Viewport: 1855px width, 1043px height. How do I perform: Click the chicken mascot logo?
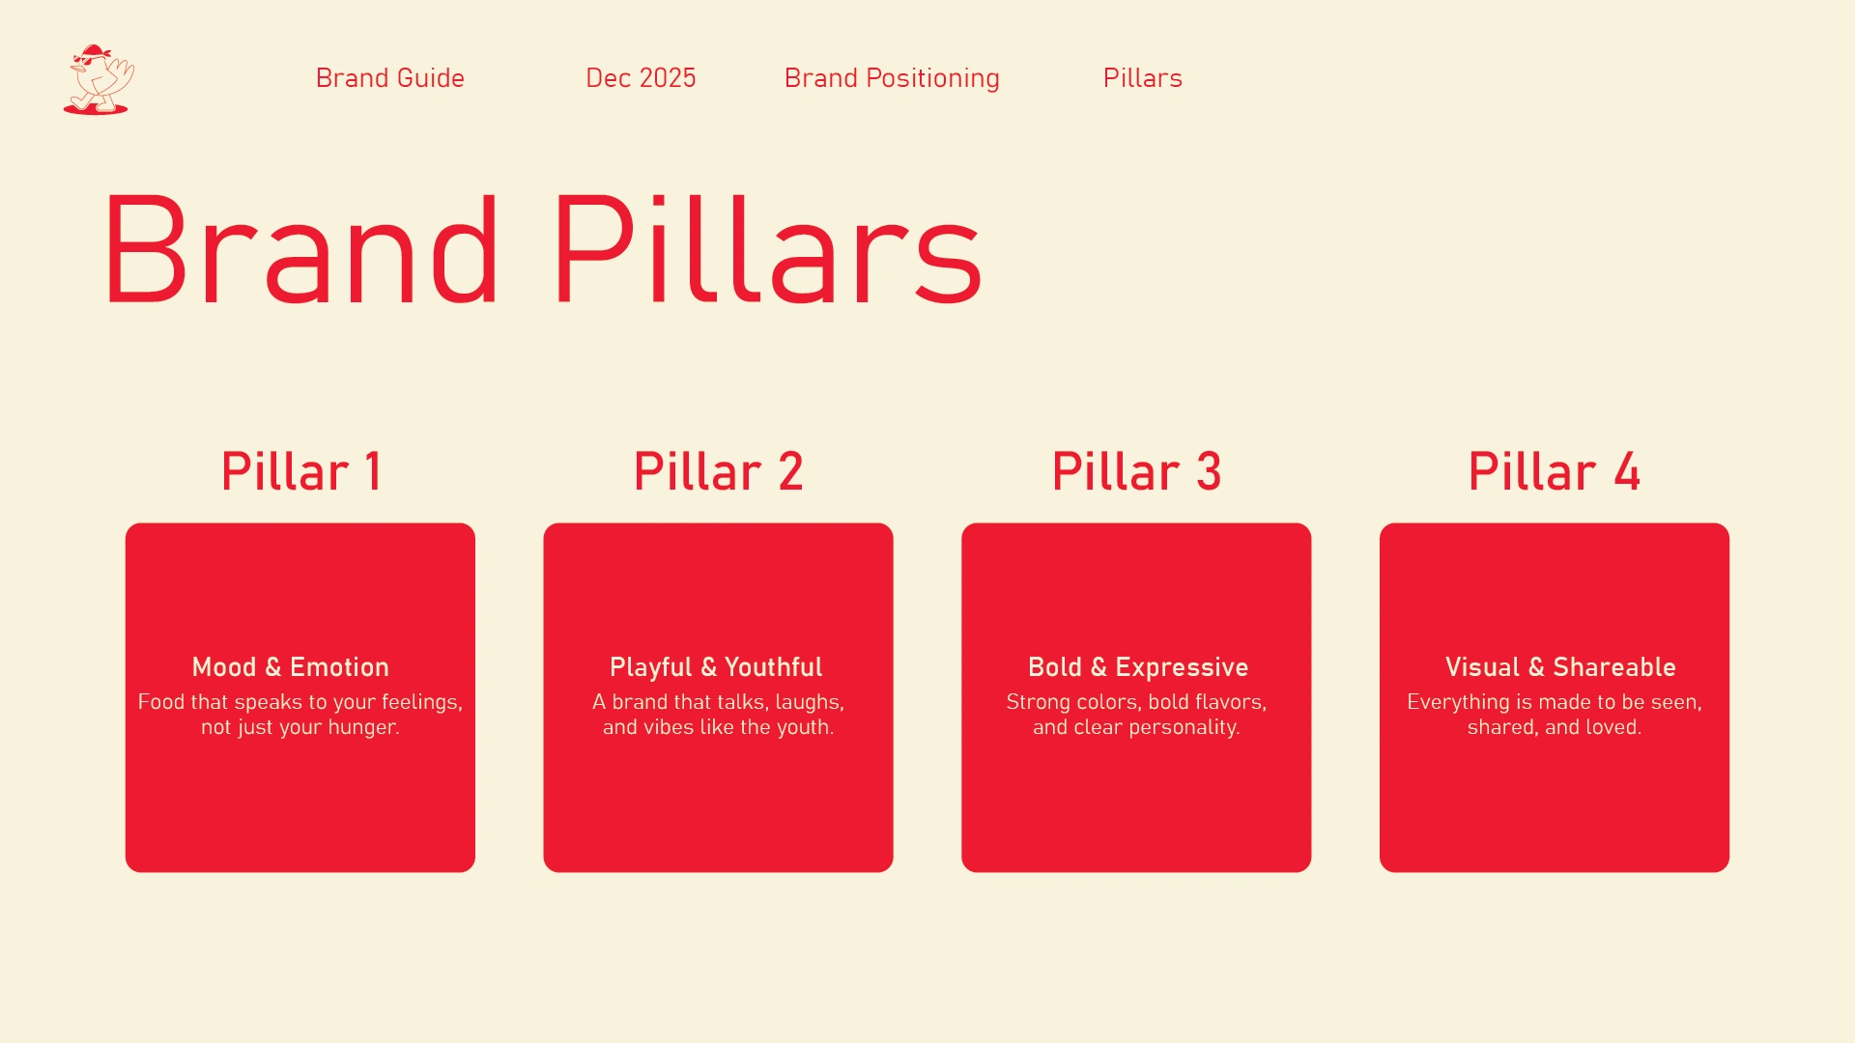(99, 79)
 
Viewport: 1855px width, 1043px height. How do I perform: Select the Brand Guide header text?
(390, 78)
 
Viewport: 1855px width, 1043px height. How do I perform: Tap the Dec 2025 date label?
(641, 78)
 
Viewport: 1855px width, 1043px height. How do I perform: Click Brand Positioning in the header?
(892, 79)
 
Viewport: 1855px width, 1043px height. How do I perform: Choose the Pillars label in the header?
(1143, 78)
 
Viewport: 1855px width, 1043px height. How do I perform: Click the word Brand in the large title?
(301, 250)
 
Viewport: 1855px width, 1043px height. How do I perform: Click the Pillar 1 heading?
(300, 471)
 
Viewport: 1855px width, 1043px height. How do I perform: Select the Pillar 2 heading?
(718, 471)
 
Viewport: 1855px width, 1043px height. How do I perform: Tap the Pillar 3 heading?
(1136, 471)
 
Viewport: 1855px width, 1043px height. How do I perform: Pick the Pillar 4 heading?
(1554, 471)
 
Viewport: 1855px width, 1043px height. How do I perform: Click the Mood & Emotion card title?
(291, 667)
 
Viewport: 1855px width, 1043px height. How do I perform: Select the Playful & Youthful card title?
(716, 668)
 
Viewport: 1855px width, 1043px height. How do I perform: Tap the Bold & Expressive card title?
(1138, 668)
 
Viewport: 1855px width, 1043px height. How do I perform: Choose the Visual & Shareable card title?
(1560, 667)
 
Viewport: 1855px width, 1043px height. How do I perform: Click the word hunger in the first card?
(362, 728)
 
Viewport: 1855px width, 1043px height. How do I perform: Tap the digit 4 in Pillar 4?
(1627, 471)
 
